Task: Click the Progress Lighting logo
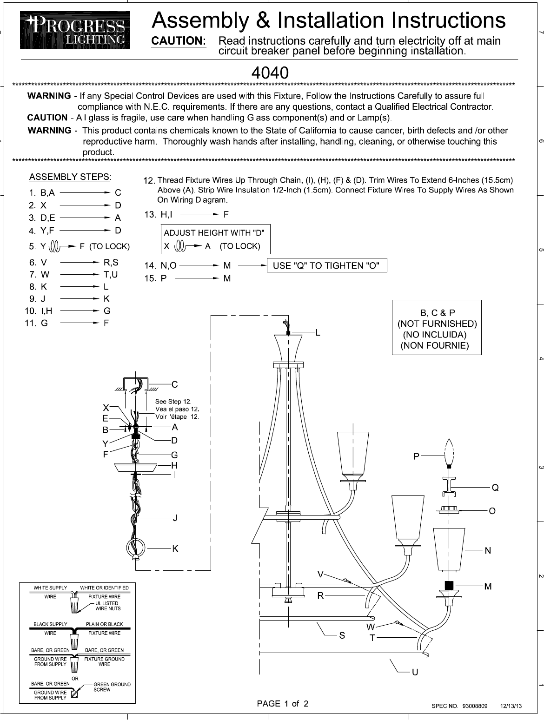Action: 75,31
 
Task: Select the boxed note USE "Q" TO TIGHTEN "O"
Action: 327,265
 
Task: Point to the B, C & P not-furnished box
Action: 436,327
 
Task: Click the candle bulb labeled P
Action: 449,453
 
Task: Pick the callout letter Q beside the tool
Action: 495,488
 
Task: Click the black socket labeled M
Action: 449,586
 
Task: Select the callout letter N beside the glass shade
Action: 488,551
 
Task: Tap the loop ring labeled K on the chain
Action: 135,548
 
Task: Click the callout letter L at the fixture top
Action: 318,333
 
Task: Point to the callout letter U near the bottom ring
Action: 415,672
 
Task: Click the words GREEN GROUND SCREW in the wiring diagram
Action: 112,687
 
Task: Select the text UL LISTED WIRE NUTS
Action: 107,606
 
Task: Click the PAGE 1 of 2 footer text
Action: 283,704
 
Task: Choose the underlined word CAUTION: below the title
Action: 180,41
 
